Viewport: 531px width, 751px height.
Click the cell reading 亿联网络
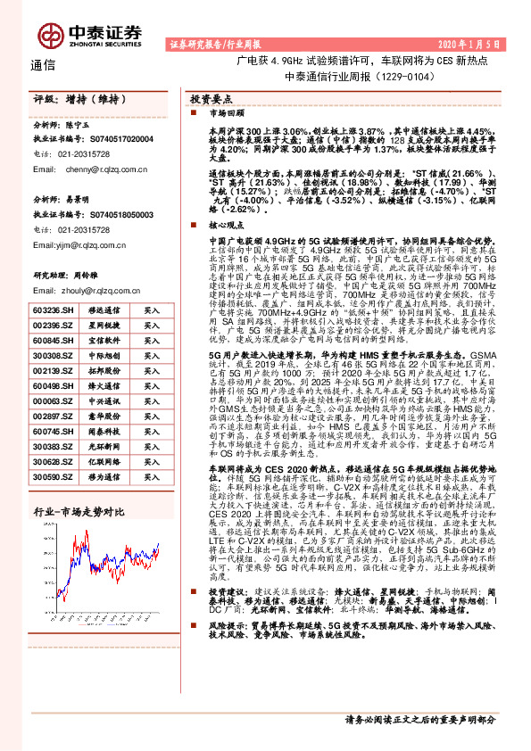[x=102, y=461]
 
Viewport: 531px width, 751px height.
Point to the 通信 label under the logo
[x=43, y=65]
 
